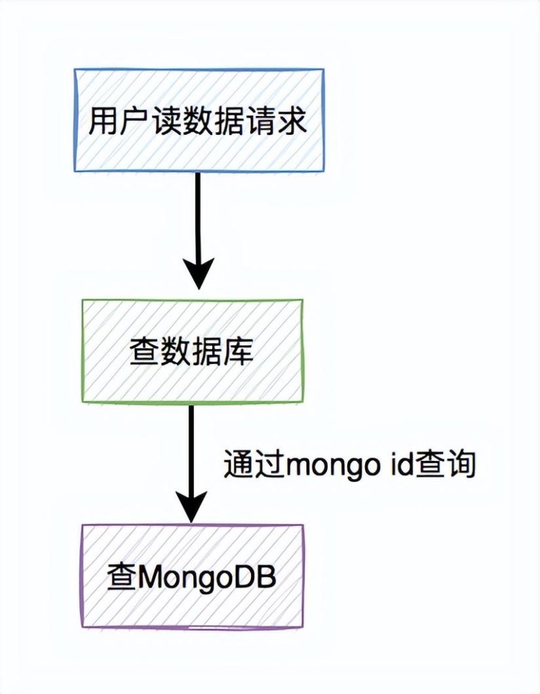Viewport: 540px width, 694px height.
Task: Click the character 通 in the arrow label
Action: [x=239, y=466]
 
